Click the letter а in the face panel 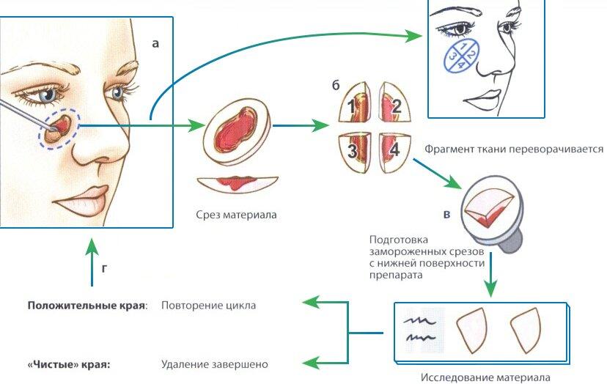pos(155,43)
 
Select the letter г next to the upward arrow pos(104,268)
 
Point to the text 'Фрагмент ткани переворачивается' pos(513,149)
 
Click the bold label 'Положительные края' pos(86,306)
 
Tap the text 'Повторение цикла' pos(209,306)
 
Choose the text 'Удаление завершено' pos(215,363)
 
